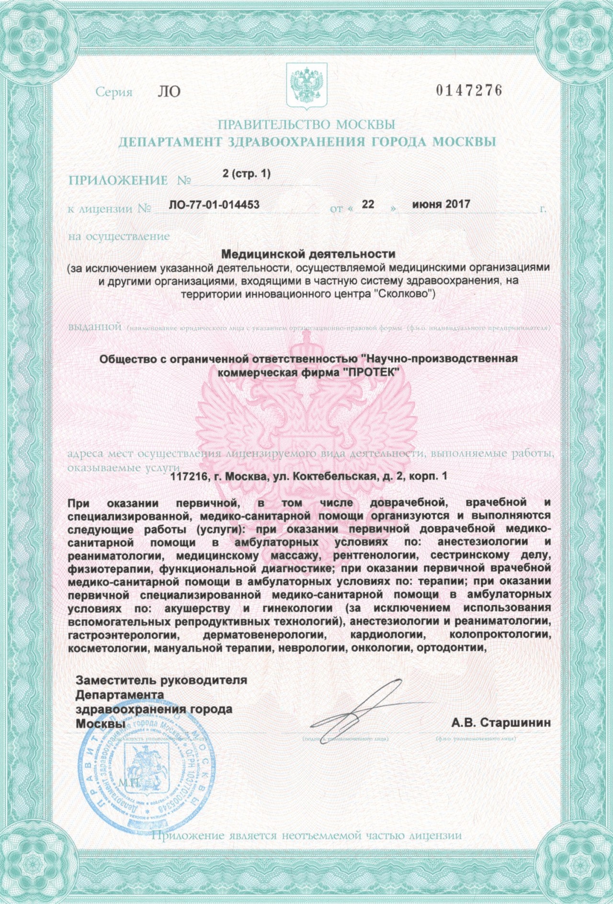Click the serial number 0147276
click(x=469, y=90)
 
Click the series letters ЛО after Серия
click(x=169, y=91)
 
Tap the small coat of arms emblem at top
click(x=306, y=86)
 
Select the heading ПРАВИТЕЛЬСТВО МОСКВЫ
click(x=306, y=125)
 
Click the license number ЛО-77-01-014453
click(x=214, y=205)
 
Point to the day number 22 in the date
click(x=368, y=204)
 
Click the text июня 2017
click(x=441, y=204)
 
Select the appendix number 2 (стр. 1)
click(x=247, y=174)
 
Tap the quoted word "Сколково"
click(x=403, y=294)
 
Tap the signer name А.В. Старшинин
click(x=500, y=723)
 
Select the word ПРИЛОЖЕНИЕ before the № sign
click(x=118, y=181)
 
